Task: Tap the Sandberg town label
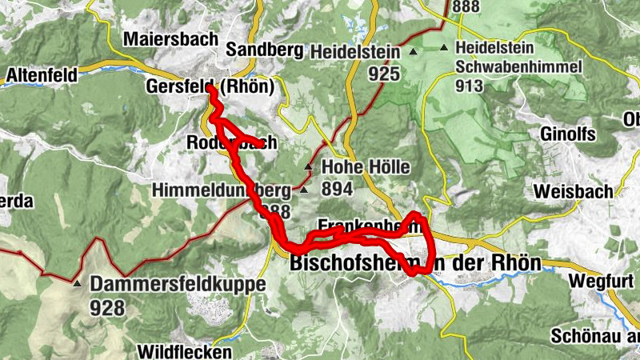coord(265,50)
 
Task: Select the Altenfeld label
coord(42,76)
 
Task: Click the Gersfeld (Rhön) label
coord(210,86)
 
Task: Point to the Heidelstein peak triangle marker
coord(414,52)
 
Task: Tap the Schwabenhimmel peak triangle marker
coord(444,48)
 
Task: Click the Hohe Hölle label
coord(366,168)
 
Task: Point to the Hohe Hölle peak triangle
coord(309,167)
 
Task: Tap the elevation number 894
coord(337,189)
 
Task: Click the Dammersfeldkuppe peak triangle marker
coord(77,284)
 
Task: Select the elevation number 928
coord(108,307)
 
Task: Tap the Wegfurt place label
coord(603,281)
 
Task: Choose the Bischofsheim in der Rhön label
coord(415,262)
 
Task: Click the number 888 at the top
coord(466,7)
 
